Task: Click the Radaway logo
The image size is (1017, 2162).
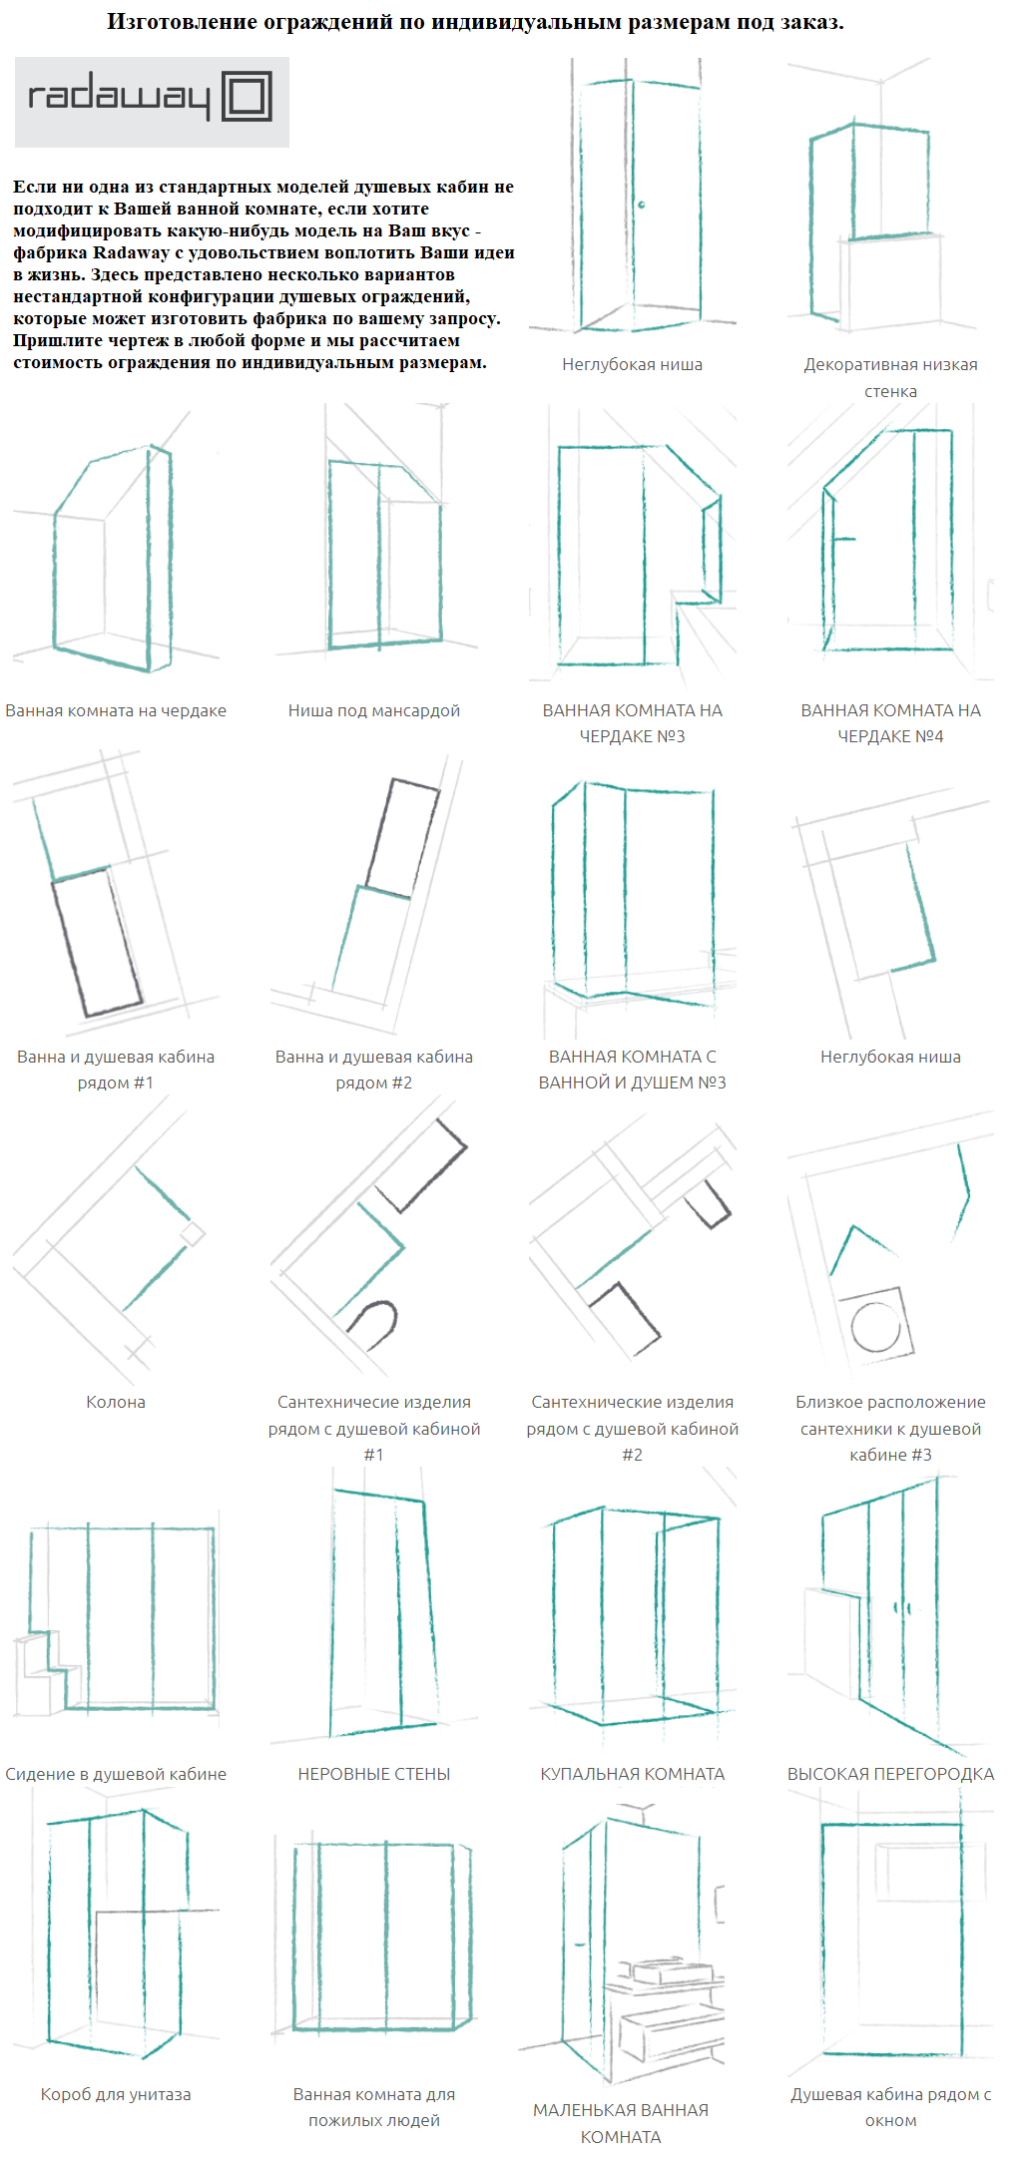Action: [x=152, y=102]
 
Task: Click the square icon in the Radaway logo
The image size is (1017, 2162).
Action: [x=247, y=97]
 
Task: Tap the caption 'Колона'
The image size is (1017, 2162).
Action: [x=116, y=1402]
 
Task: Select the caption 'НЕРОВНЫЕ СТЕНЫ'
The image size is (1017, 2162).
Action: [x=374, y=1774]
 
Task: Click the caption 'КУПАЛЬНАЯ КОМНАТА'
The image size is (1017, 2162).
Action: [x=633, y=1774]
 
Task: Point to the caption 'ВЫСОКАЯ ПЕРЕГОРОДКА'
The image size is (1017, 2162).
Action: [x=890, y=1774]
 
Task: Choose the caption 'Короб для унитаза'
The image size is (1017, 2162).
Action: [x=116, y=2094]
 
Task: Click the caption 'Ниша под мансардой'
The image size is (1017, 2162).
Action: [x=374, y=710]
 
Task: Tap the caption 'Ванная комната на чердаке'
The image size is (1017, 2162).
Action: [x=116, y=710]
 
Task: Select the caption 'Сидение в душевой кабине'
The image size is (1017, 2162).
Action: [x=116, y=1774]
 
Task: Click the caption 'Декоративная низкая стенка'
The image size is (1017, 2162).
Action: [x=890, y=377]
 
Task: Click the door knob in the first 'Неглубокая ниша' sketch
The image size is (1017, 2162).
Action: [x=642, y=205]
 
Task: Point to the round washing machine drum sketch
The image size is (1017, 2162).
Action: [x=876, y=1328]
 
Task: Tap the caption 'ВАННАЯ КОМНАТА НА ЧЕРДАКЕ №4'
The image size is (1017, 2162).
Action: [x=890, y=723]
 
